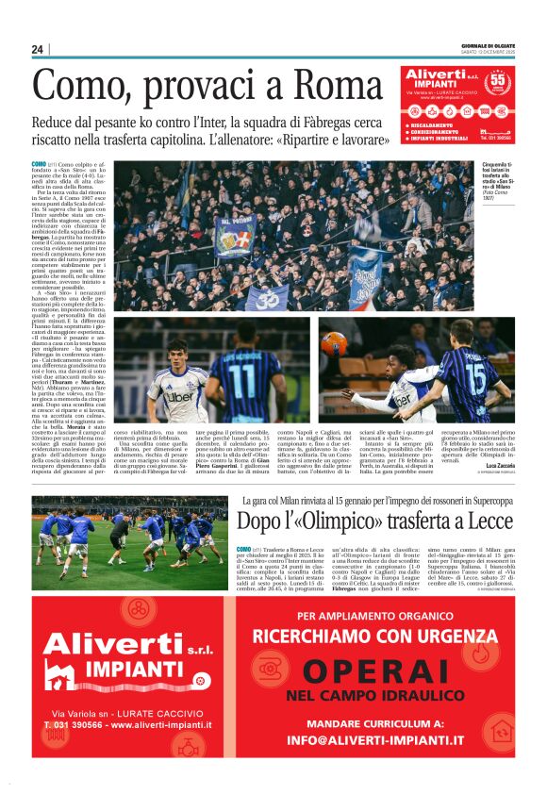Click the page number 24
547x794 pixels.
(x=38, y=49)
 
